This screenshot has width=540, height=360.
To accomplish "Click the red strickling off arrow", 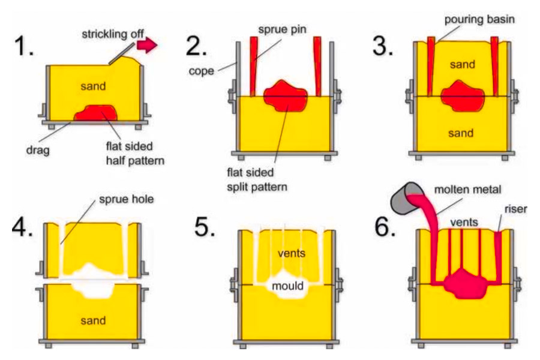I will (146, 45).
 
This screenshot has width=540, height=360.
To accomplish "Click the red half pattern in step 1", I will (94, 113).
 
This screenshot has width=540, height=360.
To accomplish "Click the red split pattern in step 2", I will (286, 95).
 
